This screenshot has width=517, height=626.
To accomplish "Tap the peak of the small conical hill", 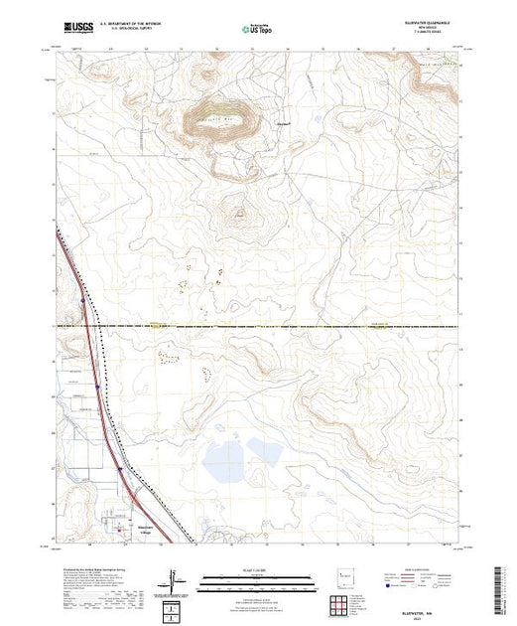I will click(238, 211).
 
